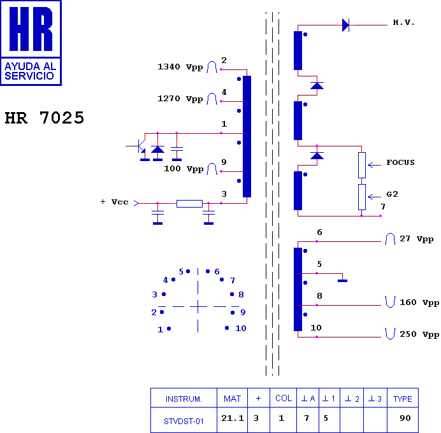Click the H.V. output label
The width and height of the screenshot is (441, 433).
(403, 22)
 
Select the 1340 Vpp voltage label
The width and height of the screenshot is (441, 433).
(180, 67)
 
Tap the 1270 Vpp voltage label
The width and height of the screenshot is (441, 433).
(180, 99)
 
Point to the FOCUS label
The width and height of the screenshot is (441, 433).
(400, 162)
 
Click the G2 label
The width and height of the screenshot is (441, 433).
(392, 194)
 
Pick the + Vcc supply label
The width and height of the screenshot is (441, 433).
(114, 202)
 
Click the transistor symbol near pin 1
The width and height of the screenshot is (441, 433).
(139, 146)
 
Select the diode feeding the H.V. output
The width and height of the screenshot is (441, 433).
(345, 25)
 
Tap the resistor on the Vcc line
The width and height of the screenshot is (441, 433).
(189, 203)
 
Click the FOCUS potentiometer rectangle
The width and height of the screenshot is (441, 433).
(362, 165)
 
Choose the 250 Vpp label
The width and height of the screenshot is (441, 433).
(419, 334)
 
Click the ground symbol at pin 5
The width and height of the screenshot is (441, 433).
(342, 281)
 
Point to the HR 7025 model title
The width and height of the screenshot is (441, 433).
(45, 118)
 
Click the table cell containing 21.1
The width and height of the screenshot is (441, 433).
(233, 420)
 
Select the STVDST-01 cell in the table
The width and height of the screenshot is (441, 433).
(184, 420)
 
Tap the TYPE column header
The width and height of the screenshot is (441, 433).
(403, 398)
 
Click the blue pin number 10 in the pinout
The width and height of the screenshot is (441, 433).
(241, 328)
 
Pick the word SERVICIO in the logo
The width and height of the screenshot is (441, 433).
(29, 76)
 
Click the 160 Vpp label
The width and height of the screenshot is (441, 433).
(419, 302)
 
